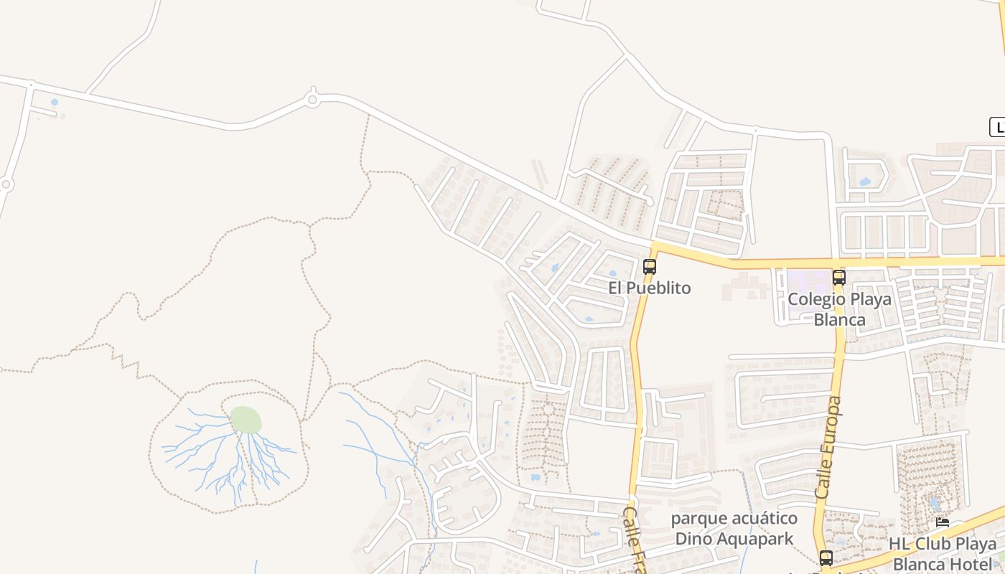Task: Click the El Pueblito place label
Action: tap(650, 288)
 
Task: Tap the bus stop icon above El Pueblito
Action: tap(650, 267)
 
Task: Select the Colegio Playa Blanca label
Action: tap(839, 309)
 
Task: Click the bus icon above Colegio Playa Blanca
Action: tap(838, 278)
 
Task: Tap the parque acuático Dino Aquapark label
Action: tap(734, 528)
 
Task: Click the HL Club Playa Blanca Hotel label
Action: tap(943, 553)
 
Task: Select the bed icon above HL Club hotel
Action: tap(943, 523)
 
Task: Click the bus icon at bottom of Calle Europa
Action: tap(826, 557)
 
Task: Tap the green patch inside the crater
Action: tap(246, 420)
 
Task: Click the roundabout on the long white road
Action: tap(312, 99)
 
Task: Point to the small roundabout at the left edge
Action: tap(6, 184)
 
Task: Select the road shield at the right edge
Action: tap(997, 128)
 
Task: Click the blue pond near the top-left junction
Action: tap(55, 103)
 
